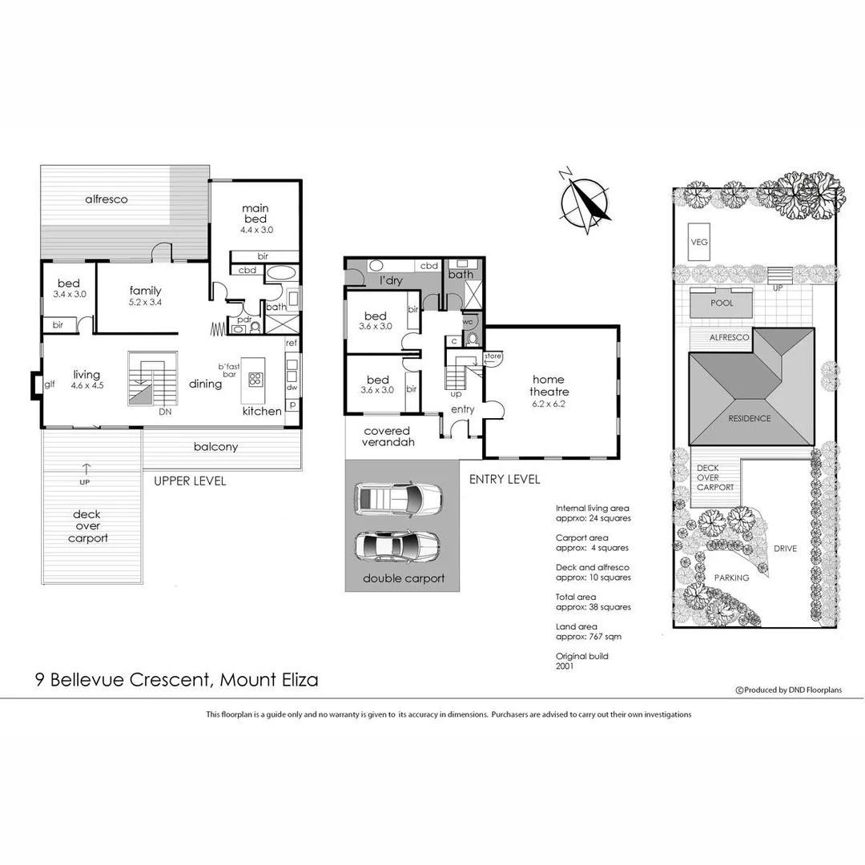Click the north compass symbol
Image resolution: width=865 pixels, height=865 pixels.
(585, 201)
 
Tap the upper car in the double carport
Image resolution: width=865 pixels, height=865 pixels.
(397, 498)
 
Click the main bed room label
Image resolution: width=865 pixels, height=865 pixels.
(256, 214)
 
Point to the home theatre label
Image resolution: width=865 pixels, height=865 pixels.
(549, 385)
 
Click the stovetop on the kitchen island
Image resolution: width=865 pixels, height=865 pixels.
(257, 379)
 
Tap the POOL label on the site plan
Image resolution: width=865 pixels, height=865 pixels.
(722, 304)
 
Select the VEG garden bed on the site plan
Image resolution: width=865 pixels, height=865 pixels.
(698, 239)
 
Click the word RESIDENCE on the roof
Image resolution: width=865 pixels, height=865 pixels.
(750, 418)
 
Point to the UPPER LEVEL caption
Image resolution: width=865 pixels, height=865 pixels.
(190, 481)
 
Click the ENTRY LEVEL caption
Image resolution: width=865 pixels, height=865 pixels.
(504, 479)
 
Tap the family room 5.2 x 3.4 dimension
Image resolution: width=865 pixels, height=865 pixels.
(145, 303)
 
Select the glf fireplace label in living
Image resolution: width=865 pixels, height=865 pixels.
(50, 384)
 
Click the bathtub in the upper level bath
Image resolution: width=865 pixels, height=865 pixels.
(280, 272)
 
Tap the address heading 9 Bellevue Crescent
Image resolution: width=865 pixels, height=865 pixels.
(176, 680)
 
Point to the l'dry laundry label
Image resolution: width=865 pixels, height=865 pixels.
(390, 281)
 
